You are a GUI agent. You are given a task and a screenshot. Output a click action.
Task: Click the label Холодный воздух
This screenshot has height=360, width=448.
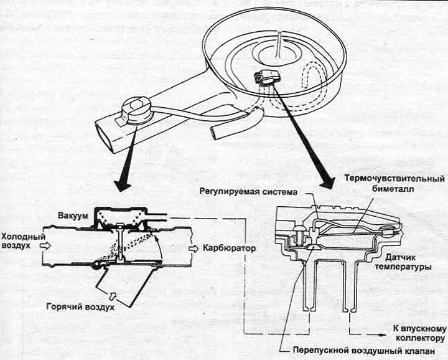pyautogui.click(x=22, y=241)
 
